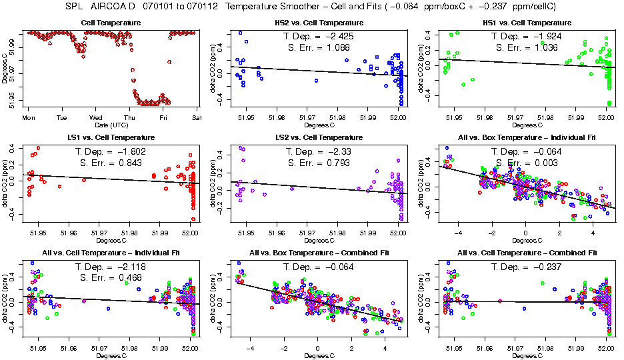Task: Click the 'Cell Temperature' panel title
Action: (111, 23)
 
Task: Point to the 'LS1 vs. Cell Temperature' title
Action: (111, 137)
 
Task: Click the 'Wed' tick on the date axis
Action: (95, 118)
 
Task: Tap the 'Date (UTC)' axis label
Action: (111, 125)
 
